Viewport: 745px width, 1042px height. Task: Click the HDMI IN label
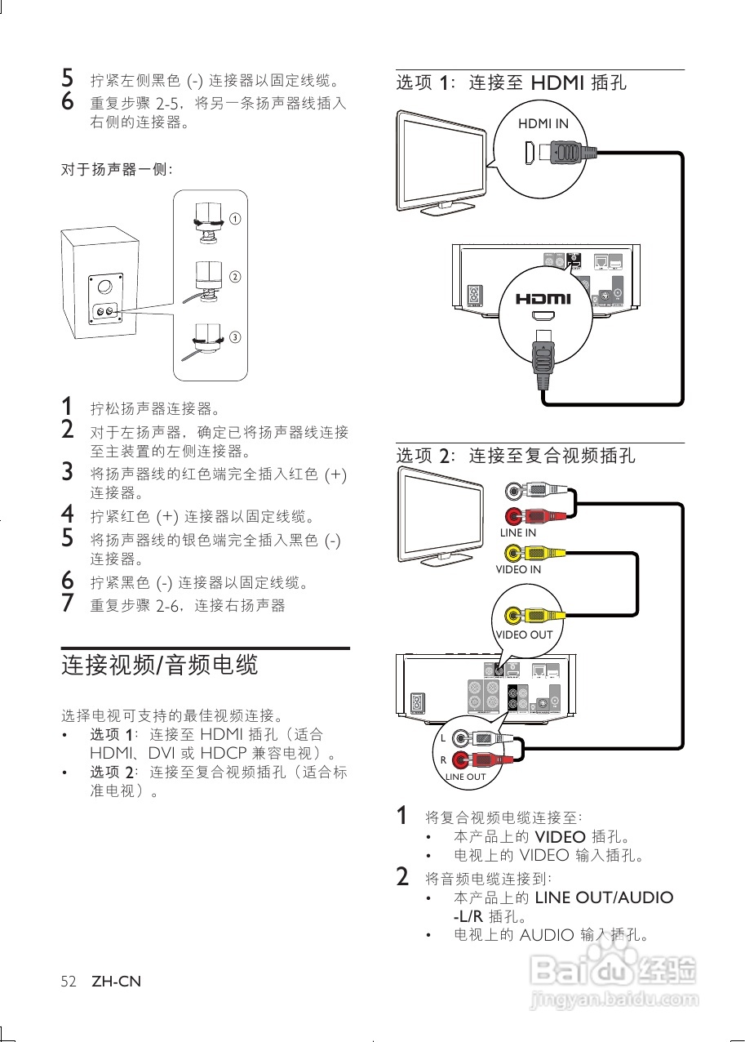[543, 124]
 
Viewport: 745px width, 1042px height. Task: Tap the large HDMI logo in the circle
[543, 299]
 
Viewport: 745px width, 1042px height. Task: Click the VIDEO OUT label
[524, 635]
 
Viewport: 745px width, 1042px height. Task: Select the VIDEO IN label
[518, 569]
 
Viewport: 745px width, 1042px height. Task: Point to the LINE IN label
[518, 532]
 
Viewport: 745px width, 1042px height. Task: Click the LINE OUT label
[465, 777]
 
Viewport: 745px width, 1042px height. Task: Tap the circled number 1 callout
[235, 219]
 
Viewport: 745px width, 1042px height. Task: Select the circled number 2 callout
[235, 276]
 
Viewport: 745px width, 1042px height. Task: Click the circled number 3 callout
[235, 336]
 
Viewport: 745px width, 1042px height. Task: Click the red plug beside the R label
[481, 760]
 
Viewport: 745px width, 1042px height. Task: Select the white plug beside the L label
[481, 738]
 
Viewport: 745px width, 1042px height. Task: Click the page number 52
[69, 982]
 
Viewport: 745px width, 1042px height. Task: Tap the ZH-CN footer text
[116, 982]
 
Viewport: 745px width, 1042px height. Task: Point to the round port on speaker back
[104, 287]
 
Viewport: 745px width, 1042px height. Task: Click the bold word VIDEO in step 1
[560, 836]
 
